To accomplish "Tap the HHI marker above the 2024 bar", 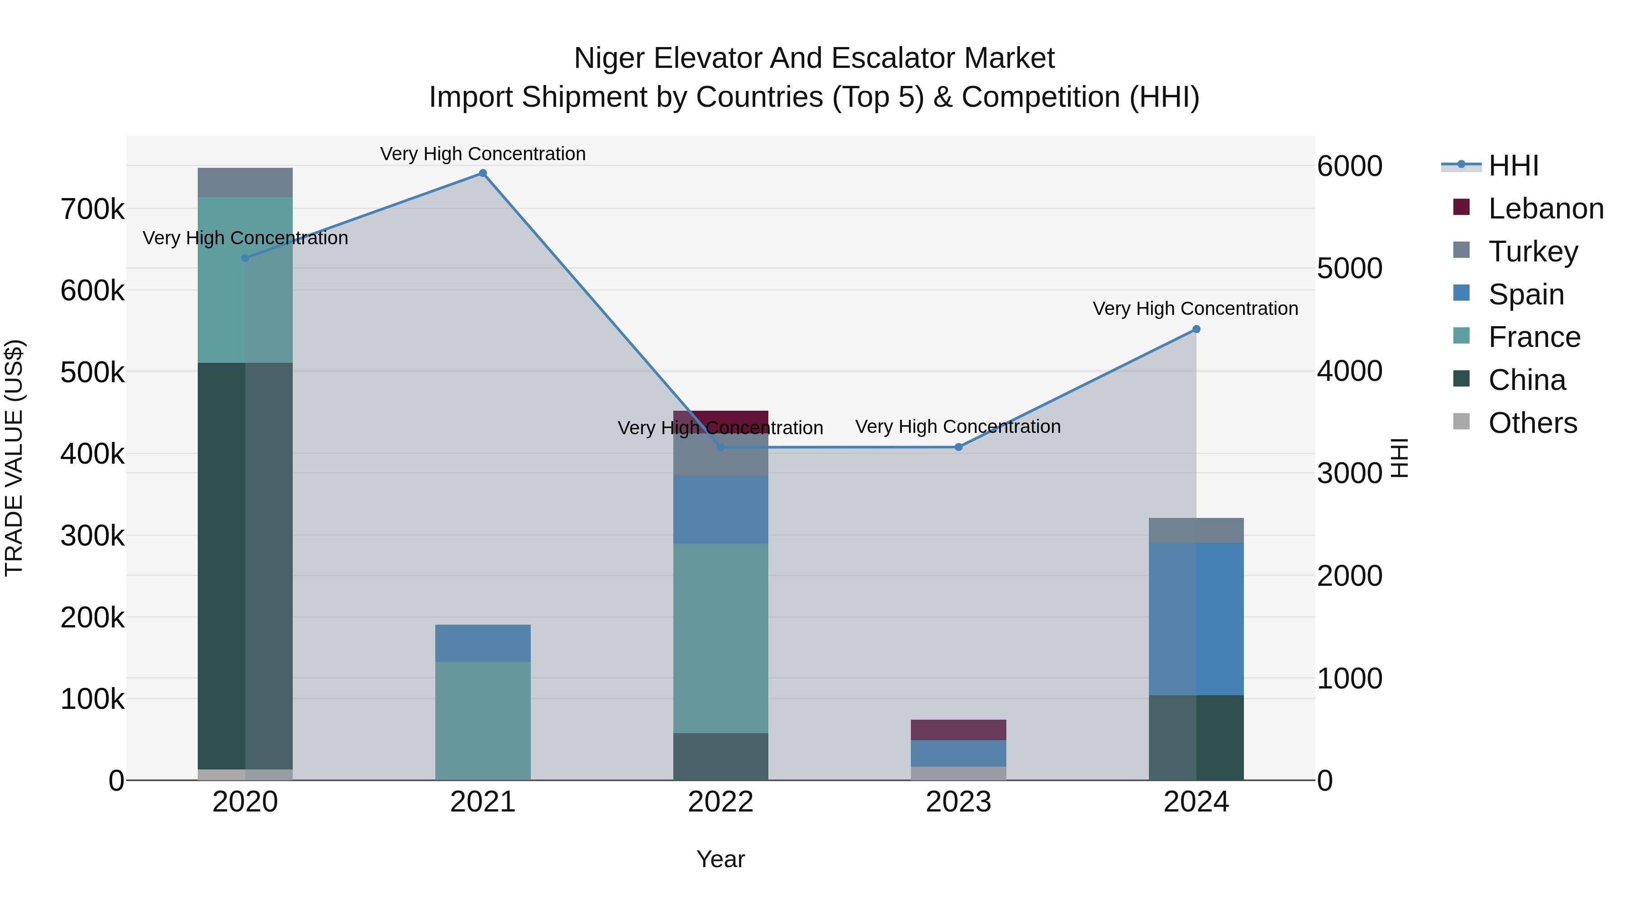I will click(1196, 329).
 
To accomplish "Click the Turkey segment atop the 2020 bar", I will click(245, 183).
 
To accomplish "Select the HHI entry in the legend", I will click(1513, 166).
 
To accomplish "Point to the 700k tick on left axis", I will click(92, 209).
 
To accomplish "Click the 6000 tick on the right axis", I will click(1349, 166).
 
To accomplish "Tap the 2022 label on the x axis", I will click(720, 802).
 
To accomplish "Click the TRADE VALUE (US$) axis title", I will click(14, 458).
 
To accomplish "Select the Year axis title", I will click(720, 859).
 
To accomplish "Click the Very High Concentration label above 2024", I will click(1195, 308).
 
